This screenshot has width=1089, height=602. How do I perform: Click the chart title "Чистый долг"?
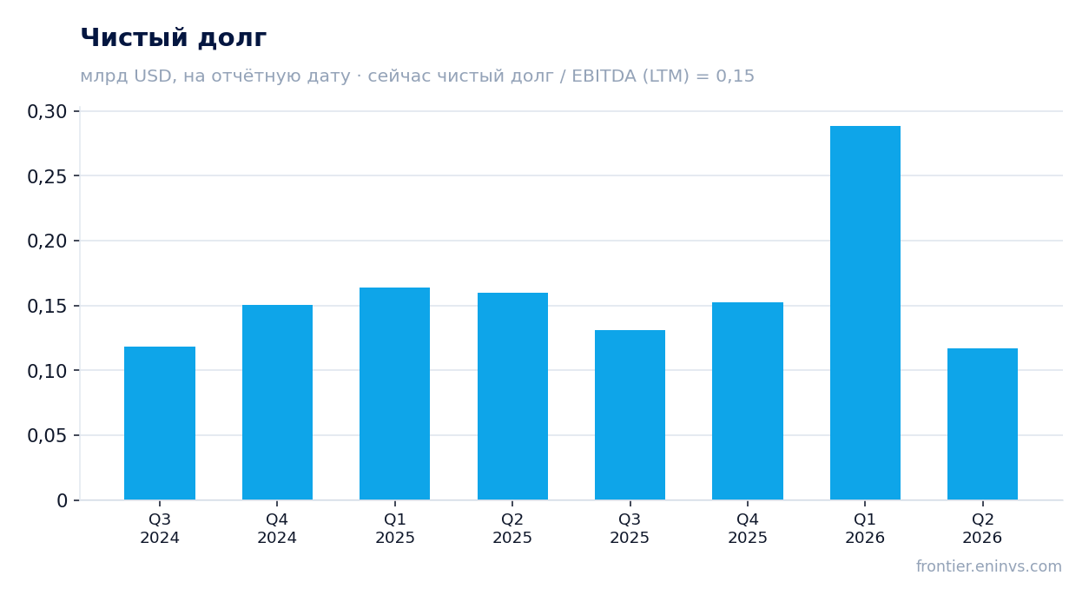(x=173, y=38)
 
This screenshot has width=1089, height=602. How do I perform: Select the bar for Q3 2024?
(x=160, y=423)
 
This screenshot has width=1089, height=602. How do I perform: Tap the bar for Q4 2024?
(x=277, y=402)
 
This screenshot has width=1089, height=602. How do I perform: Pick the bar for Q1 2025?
(x=395, y=394)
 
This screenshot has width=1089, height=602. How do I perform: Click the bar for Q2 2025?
(x=512, y=396)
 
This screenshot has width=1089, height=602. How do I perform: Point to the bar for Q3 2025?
(x=630, y=414)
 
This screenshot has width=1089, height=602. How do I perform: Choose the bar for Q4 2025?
(x=748, y=401)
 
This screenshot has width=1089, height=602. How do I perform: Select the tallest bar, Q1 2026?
(x=865, y=313)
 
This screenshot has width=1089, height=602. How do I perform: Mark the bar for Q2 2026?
(x=982, y=424)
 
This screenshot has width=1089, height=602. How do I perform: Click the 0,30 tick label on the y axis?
(x=47, y=112)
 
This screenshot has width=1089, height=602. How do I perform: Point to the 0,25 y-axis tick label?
(x=47, y=176)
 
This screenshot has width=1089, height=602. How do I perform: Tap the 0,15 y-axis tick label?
(x=47, y=307)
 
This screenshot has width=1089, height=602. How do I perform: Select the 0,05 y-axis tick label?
(x=47, y=436)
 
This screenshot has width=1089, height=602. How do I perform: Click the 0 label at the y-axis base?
(x=62, y=500)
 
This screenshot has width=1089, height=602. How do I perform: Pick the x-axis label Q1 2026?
(x=865, y=528)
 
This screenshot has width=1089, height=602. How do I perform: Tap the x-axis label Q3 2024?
(x=160, y=528)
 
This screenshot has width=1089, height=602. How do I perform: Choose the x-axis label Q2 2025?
(x=512, y=528)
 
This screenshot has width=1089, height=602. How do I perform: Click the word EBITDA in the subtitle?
(x=604, y=76)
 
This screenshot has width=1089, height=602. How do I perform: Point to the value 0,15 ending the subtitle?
(x=735, y=76)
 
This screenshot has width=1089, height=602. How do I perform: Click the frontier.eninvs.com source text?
(x=989, y=566)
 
